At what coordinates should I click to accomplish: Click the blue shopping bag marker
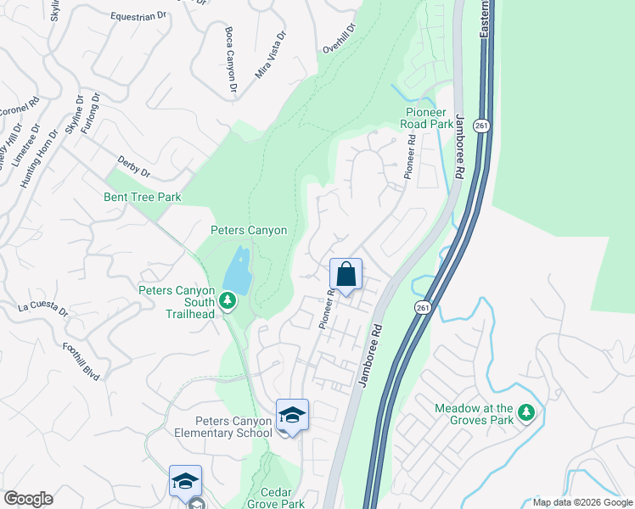point(346,275)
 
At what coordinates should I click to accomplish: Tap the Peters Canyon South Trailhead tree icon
point(227,300)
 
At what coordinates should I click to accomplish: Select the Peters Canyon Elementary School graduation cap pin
point(292,416)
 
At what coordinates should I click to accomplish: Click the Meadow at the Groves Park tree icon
point(527,413)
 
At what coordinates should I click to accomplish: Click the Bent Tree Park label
point(144,198)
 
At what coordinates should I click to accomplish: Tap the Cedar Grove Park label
point(275,498)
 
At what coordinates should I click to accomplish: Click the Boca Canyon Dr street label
point(229,59)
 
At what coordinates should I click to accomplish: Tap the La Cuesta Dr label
point(42,306)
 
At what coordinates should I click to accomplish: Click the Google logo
point(28,499)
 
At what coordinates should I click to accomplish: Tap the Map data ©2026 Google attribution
point(582,502)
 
